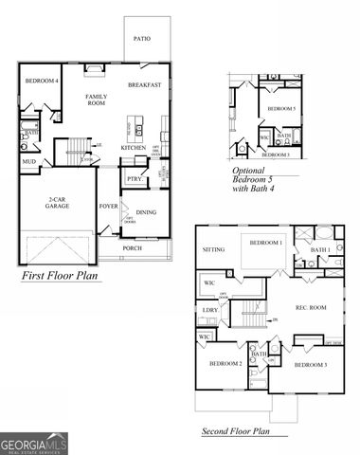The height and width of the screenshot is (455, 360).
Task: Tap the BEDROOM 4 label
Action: [x=42, y=81]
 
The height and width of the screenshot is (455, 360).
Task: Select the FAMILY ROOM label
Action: [x=96, y=101]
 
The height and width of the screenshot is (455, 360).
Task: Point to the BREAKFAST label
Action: [x=145, y=85]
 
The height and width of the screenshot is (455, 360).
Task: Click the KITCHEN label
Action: [x=133, y=148]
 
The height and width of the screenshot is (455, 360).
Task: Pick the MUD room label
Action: [x=28, y=161]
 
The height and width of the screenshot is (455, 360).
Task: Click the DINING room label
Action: [x=146, y=212]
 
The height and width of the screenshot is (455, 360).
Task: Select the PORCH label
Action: [x=132, y=248]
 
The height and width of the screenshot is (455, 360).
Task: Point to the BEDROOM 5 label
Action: [x=281, y=109]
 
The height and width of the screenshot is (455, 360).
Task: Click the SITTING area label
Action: [x=213, y=250]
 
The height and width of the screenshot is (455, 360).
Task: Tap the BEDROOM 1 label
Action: [x=266, y=243]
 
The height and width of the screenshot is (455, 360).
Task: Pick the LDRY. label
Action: [x=209, y=310]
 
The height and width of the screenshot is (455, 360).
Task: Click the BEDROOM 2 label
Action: [x=225, y=364]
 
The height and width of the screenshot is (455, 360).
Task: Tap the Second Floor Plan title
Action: [x=236, y=431]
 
